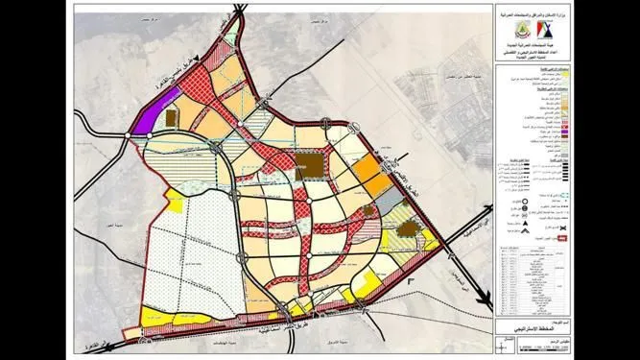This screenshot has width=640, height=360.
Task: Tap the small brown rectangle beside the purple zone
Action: point(174,116)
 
